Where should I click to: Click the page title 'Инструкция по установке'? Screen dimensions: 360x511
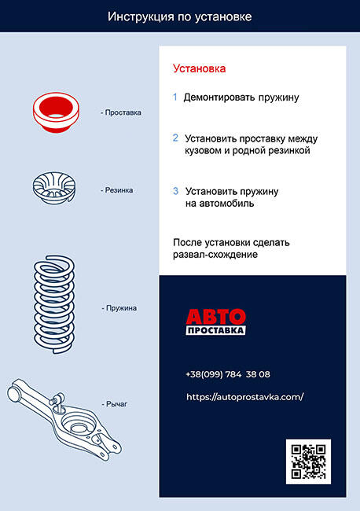click(179, 17)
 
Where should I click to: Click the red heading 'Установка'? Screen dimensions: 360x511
click(199, 68)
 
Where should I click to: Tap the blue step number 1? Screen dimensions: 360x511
click(175, 97)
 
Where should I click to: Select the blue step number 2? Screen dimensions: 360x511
click(175, 138)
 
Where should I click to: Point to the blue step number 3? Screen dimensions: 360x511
click(175, 191)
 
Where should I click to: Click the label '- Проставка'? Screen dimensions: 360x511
click(121, 112)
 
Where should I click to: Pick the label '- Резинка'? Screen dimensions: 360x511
click(116, 190)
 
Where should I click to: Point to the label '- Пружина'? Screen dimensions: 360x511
click(119, 308)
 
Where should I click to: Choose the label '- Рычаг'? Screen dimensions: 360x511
click(114, 404)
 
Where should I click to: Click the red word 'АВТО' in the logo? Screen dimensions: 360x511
click(215, 317)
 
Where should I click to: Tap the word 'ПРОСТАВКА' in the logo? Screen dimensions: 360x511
click(215, 330)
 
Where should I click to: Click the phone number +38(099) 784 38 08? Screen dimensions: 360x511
click(228, 374)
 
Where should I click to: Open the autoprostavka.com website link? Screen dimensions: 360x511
click(245, 397)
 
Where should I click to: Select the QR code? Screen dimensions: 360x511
click(308, 461)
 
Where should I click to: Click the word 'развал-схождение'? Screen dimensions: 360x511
click(215, 255)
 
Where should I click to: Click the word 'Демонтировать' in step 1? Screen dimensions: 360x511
click(219, 97)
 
